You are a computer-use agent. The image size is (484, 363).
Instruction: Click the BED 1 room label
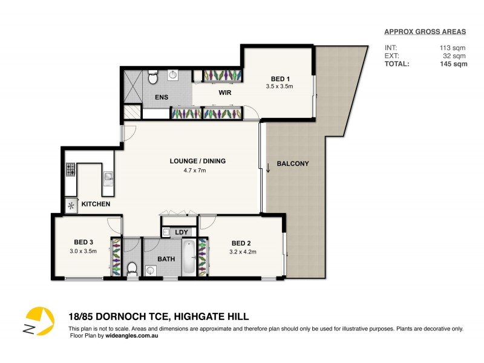coord(280,79)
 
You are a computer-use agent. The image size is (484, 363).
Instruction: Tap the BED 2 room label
coord(241,244)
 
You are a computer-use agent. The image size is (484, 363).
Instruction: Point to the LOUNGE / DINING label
coord(197,161)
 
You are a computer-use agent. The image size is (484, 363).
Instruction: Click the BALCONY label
coord(293,163)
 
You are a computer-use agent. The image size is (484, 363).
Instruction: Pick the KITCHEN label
coord(96,204)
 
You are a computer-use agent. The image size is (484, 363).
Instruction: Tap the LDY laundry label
coord(181,232)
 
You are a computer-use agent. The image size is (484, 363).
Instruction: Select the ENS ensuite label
coord(162,97)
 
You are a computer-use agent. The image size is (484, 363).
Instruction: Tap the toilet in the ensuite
coord(153,77)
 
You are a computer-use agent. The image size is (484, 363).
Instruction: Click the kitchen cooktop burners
coord(70,171)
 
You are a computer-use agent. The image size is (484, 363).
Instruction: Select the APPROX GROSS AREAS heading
coord(426,32)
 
